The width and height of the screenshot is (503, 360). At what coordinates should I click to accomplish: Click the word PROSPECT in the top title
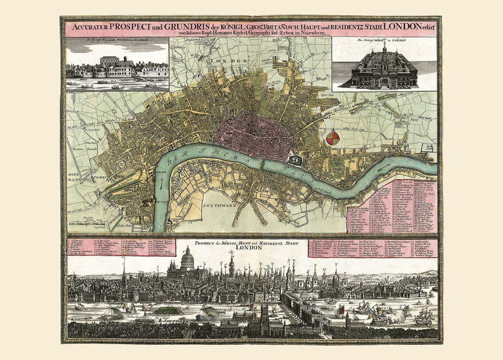pyautogui.click(x=132, y=27)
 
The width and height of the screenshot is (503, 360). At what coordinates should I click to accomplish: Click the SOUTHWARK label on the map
pyautogui.click(x=220, y=204)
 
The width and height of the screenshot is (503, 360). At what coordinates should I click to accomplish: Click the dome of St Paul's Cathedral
pyautogui.click(x=187, y=257)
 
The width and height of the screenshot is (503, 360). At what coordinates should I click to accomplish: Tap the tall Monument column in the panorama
pyautogui.click(x=231, y=264)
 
